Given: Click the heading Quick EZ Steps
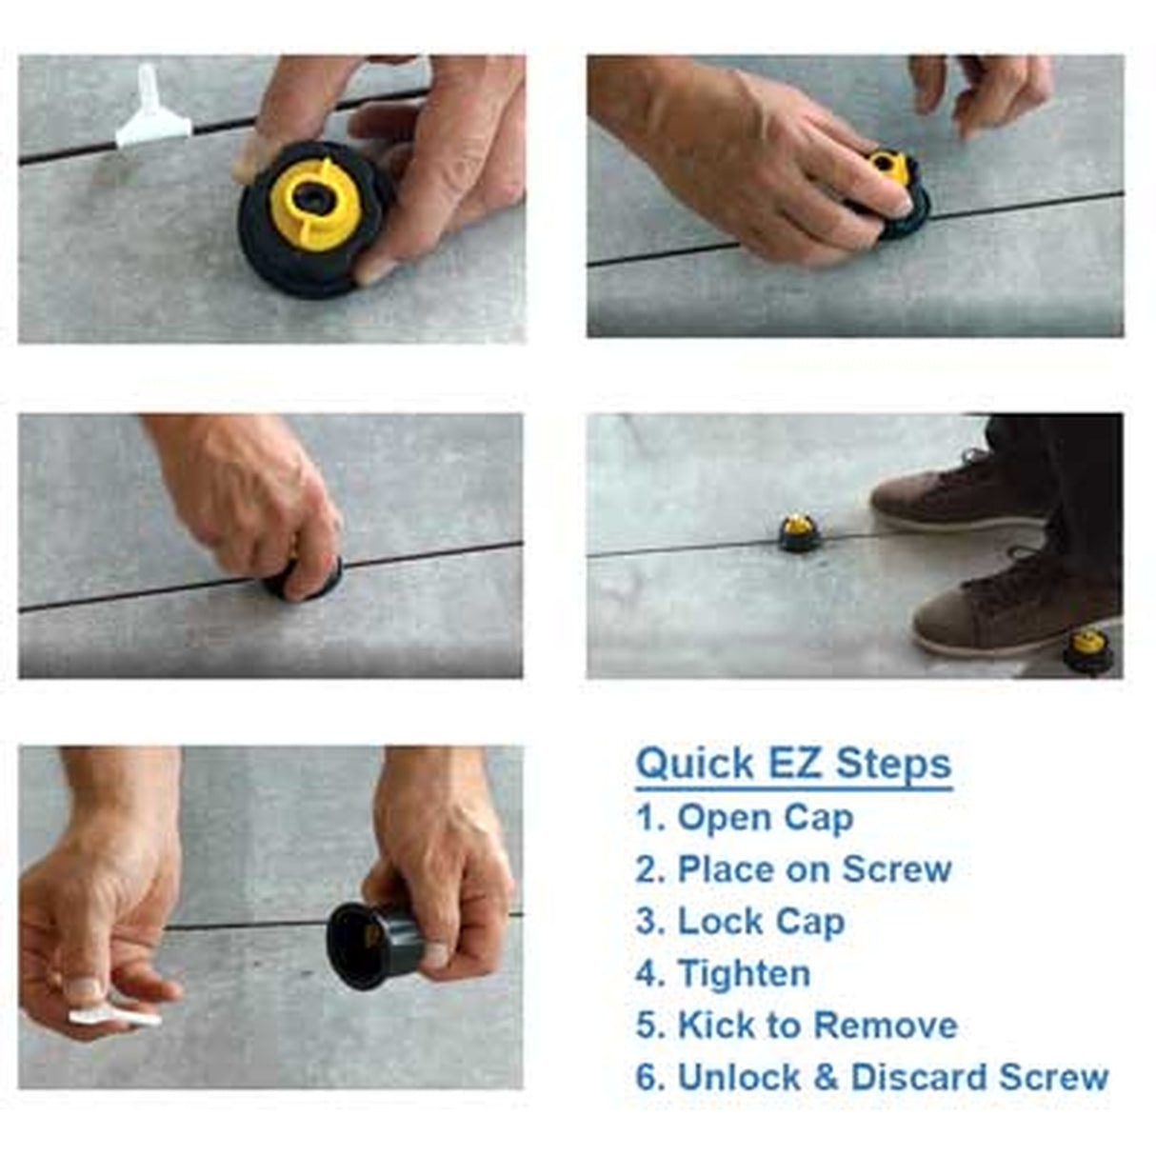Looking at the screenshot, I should pyautogui.click(x=793, y=765).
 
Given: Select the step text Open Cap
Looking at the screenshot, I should pyautogui.click(x=765, y=818).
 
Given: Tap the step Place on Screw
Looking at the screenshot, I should pyautogui.click(x=813, y=869).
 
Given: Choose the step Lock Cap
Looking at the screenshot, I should pyautogui.click(x=760, y=922).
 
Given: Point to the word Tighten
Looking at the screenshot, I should pyautogui.click(x=744, y=973).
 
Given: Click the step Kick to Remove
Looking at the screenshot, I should pyautogui.click(x=816, y=1026).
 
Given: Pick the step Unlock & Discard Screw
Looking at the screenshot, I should pyautogui.click(x=892, y=1077).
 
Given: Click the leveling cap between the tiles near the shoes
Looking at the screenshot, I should pyautogui.click(x=798, y=532).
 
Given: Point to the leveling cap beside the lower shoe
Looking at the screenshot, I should pyautogui.click(x=1088, y=650).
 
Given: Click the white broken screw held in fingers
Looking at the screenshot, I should pyautogui.click(x=114, y=1015).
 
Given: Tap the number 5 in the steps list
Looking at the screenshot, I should pyautogui.click(x=648, y=1026).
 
